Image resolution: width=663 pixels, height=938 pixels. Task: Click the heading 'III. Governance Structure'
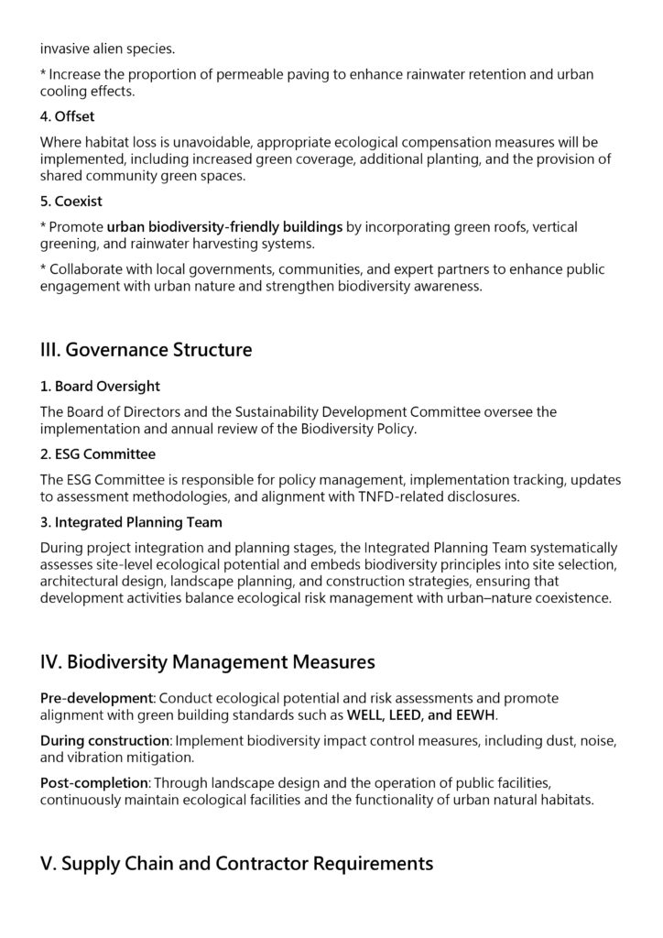146,350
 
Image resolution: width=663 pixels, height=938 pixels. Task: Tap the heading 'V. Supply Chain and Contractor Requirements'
236,864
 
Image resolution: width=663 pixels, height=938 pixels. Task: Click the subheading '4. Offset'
68,116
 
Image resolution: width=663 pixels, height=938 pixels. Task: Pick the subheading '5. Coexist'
71,202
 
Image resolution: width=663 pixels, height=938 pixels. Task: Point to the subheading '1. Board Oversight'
100,387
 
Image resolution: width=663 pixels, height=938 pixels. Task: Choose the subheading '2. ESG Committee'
97,454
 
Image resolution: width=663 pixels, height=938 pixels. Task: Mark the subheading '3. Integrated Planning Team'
131,522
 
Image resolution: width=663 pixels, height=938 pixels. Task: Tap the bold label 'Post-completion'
94,782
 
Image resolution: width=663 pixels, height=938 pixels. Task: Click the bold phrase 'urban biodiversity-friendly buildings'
224,226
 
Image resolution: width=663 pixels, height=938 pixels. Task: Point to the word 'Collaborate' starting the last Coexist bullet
89,269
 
